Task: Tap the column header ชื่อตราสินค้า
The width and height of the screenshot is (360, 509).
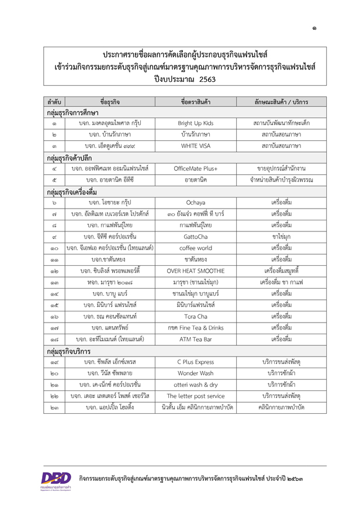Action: tap(191, 101)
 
